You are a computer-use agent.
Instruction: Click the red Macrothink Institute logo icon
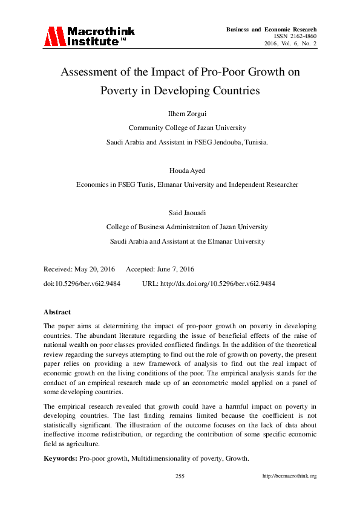[53, 37]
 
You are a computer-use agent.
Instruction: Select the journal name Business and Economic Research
[271, 29]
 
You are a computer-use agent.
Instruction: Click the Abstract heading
[57, 312]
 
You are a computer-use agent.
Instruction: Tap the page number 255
[180, 476]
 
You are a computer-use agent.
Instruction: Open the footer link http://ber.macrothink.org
[289, 476]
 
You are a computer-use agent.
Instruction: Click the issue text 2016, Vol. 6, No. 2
[290, 44]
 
